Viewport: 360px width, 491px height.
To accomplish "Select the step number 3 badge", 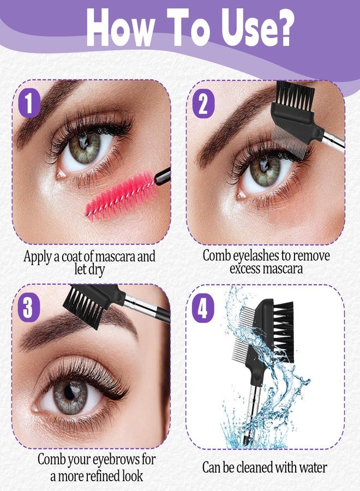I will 28,308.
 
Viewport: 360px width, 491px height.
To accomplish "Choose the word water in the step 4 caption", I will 312,468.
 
